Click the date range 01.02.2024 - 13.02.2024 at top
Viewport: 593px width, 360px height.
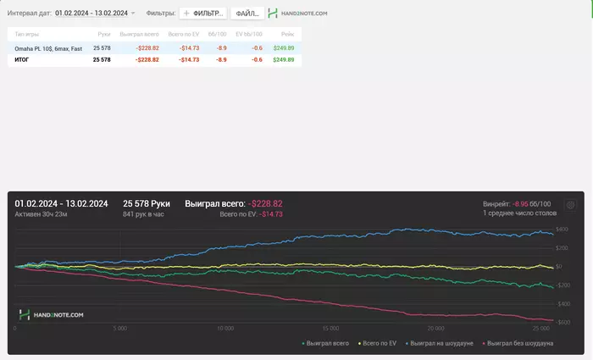click(x=91, y=14)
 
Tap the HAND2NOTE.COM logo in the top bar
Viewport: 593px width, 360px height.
click(x=297, y=14)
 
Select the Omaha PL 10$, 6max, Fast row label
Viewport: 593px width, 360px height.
click(x=48, y=48)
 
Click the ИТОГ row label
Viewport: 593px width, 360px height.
click(x=24, y=60)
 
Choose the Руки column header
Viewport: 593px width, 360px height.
click(x=104, y=33)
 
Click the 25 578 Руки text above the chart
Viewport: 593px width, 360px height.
click(x=147, y=204)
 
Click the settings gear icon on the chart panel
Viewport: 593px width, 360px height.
click(x=570, y=204)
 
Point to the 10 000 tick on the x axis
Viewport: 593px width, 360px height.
click(x=225, y=327)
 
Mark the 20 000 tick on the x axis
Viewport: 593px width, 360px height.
click(x=435, y=327)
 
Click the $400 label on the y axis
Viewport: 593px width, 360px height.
click(x=562, y=230)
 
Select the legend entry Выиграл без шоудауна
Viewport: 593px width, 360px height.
click(x=518, y=343)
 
